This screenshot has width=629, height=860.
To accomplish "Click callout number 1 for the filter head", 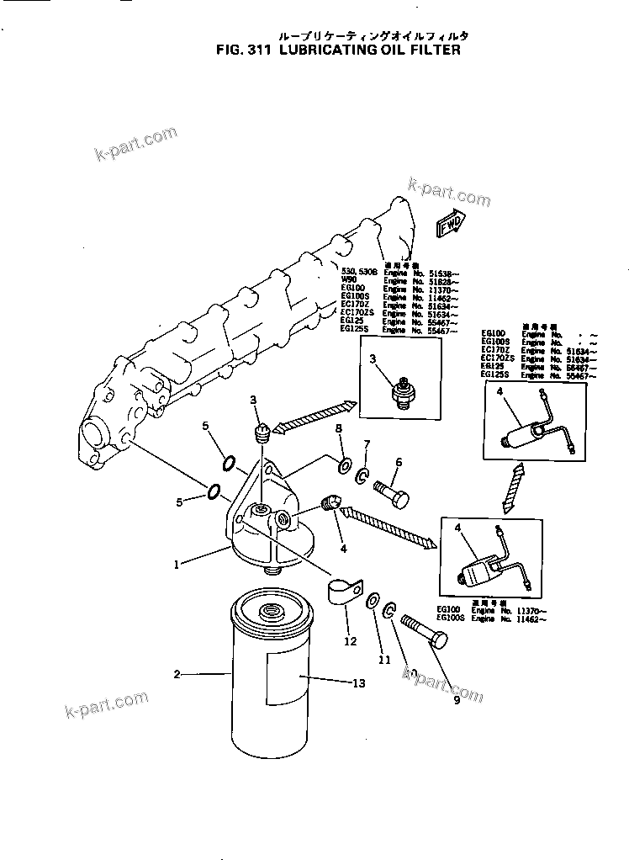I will (x=177, y=565).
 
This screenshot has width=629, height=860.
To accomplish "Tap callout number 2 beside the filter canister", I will (x=177, y=674).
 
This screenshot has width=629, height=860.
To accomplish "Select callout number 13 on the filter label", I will (x=358, y=683).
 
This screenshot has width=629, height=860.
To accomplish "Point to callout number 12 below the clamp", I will (x=351, y=641).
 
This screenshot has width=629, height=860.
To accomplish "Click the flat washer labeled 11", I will (x=372, y=600).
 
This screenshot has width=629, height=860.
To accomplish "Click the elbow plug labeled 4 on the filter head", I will (x=329, y=504).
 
